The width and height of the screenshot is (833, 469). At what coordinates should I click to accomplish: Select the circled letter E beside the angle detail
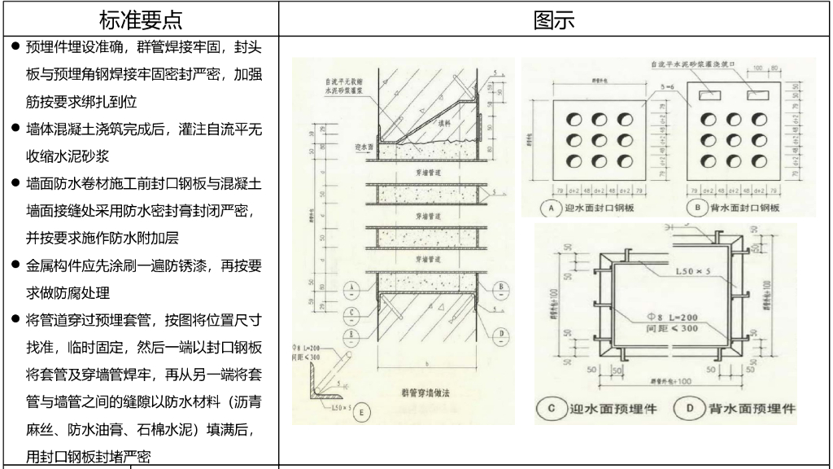(363, 412)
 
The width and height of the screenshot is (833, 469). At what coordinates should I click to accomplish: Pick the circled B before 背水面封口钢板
(697, 208)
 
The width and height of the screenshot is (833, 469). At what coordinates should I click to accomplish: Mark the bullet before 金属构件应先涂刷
(16, 265)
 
